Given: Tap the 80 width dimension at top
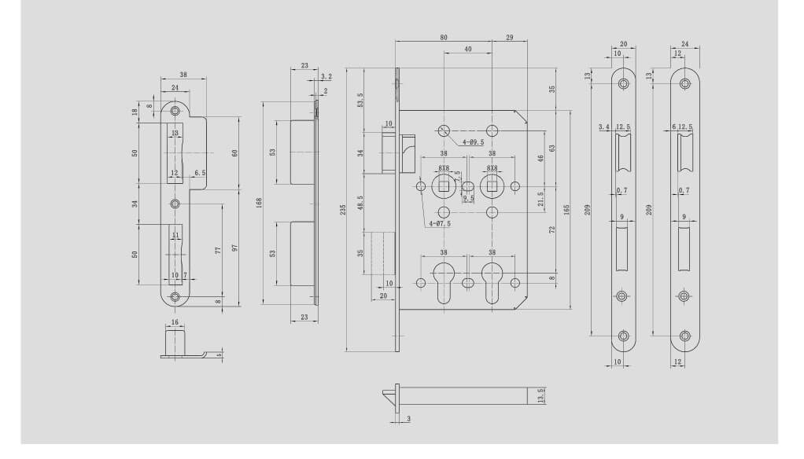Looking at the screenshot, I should tap(444, 38).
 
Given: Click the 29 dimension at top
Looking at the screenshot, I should tap(511, 38).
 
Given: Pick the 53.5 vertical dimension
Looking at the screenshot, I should tap(361, 101).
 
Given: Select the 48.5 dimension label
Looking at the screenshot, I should tap(361, 203).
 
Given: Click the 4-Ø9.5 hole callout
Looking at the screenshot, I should tap(473, 142).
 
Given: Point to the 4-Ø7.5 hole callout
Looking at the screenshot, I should tap(440, 224).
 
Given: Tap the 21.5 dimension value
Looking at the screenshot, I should tap(540, 197).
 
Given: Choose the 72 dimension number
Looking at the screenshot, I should tap(552, 229).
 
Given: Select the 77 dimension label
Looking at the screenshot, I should tap(217, 250).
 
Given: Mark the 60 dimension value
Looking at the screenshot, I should tap(235, 152).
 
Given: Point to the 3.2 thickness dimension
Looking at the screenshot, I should tap(326, 77).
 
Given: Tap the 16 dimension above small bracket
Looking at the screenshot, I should tap(175, 322).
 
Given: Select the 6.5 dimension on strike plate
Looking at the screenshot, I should tap(200, 172).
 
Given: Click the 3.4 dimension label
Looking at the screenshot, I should tap(603, 127).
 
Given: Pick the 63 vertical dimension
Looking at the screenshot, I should tap(552, 147).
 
